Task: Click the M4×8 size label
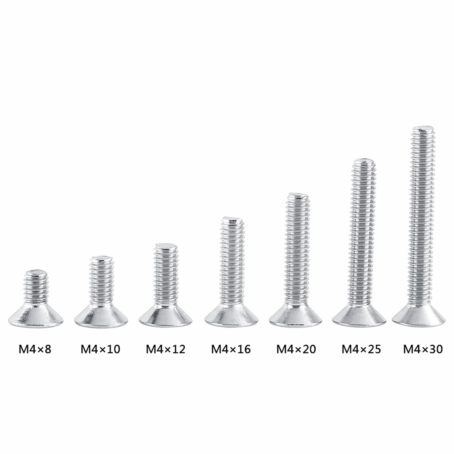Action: [35, 349]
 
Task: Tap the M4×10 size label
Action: [100, 349]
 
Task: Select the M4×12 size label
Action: [166, 349]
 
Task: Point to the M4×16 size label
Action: [231, 349]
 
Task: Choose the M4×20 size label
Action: [296, 349]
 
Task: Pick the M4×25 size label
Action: [361, 349]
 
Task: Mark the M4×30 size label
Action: [423, 349]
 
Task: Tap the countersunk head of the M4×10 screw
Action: [101, 316]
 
